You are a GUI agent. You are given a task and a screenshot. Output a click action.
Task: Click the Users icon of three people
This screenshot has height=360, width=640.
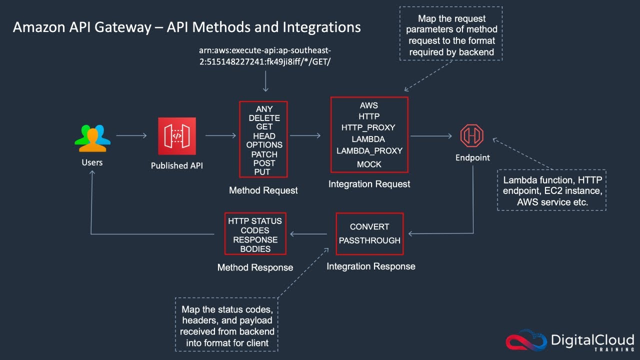[92, 137]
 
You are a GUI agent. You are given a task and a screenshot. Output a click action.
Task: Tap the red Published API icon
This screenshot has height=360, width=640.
[177, 136]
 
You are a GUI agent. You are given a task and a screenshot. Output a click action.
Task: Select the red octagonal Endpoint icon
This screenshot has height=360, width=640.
[472, 135]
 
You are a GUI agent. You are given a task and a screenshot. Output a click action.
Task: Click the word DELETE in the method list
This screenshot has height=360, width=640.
[264, 118]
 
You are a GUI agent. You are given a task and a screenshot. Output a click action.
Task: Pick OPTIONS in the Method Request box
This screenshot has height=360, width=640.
[264, 145]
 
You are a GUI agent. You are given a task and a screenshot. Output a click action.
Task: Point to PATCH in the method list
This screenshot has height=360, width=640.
[264, 154]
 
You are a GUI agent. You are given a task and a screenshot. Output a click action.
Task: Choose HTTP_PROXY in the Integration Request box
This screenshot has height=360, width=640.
[369, 127]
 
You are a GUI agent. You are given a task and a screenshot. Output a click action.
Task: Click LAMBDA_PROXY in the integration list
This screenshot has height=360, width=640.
[369, 150]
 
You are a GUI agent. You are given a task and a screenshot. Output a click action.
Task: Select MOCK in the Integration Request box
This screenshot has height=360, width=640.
[369, 164]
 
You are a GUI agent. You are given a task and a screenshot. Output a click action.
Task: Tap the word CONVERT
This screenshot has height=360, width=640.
[369, 226]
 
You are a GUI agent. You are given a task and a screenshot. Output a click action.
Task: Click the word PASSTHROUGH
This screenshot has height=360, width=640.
[369, 240]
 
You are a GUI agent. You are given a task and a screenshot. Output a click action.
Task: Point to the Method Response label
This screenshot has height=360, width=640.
[255, 267]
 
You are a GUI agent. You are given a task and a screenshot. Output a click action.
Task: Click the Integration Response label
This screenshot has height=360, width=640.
[370, 266]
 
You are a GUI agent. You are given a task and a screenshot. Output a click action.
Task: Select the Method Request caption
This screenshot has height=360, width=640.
[263, 190]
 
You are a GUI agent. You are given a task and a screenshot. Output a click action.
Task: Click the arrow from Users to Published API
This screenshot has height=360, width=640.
[131, 135]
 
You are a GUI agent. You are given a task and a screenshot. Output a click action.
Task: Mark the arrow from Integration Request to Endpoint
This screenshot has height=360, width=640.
[431, 135]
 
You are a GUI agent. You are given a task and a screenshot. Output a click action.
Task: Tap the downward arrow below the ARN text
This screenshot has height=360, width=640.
[265, 81]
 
